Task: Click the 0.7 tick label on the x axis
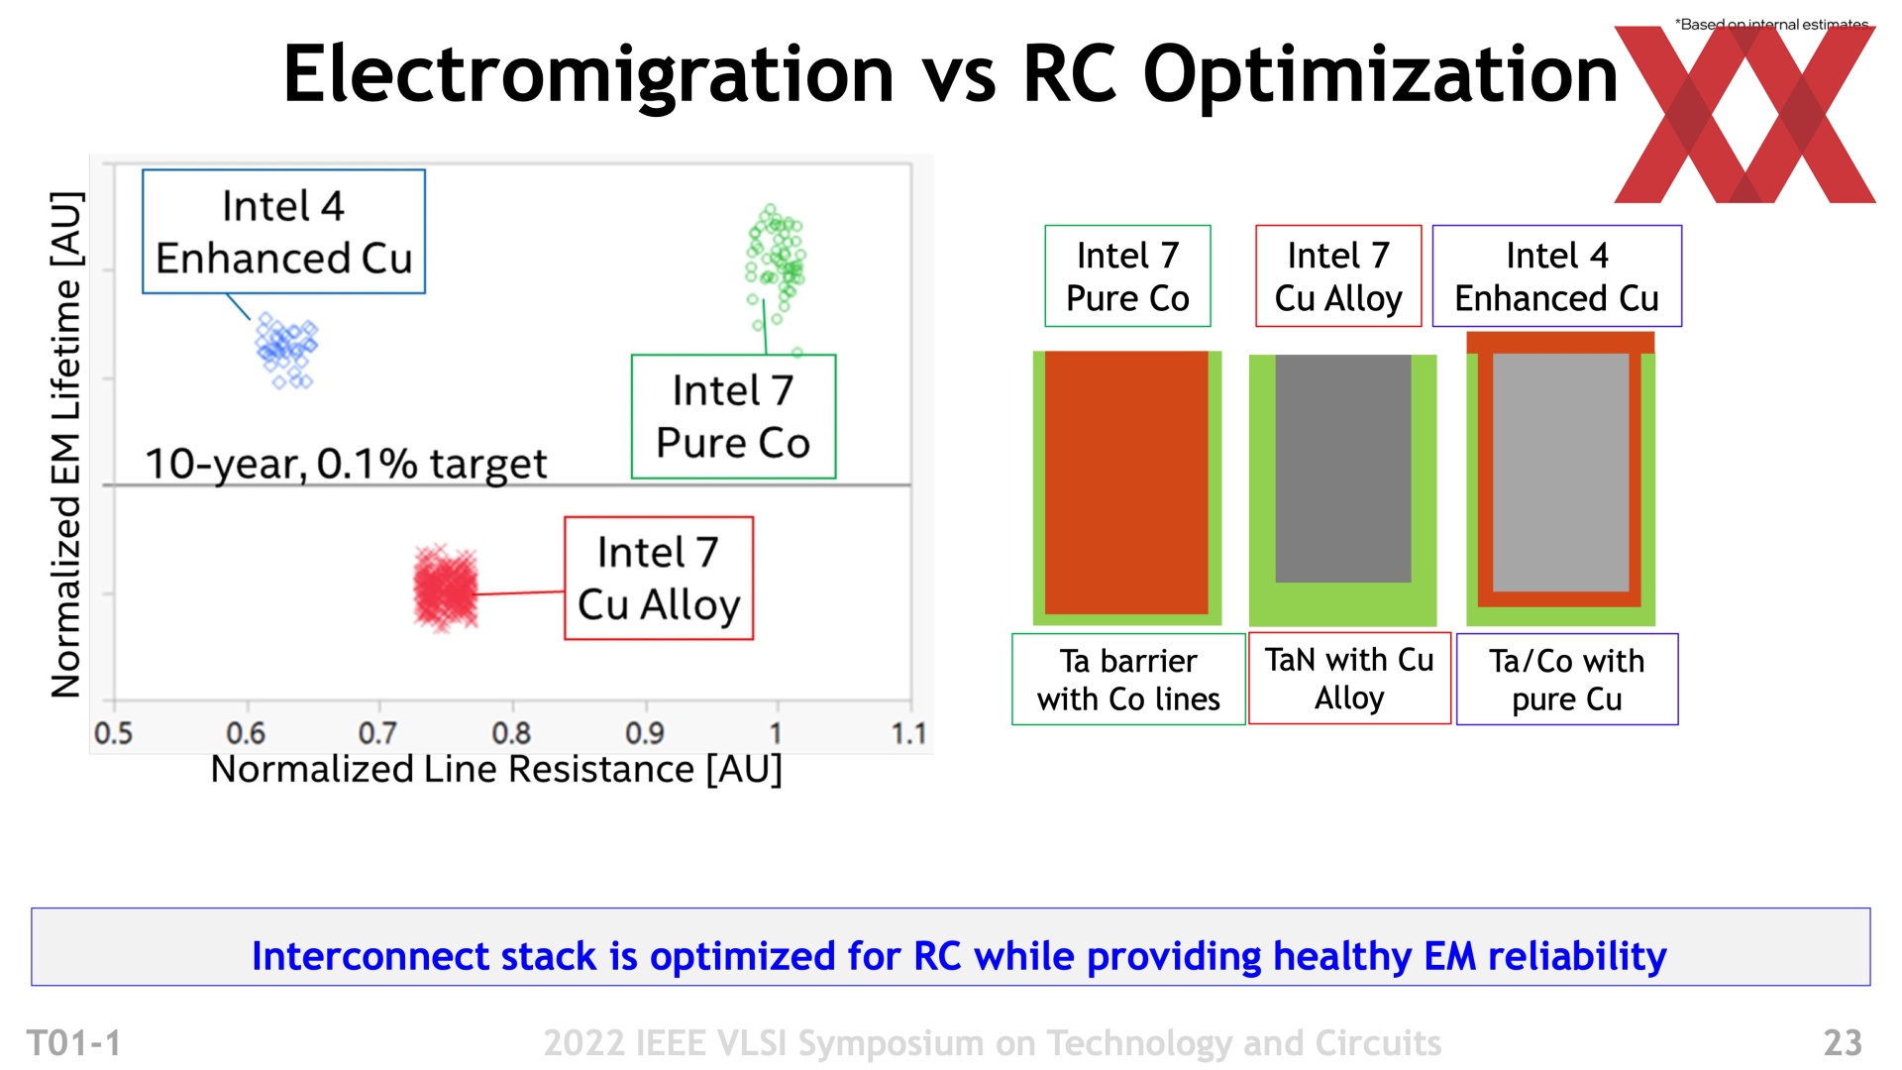[377, 733]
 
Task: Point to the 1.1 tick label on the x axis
[908, 733]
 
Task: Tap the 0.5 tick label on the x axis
[113, 733]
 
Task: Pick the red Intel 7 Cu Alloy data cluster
[446, 588]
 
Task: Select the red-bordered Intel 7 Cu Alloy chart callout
[659, 579]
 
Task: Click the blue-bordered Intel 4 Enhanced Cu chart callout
[283, 232]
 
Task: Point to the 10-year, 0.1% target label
[346, 464]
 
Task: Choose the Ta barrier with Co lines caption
[1128, 680]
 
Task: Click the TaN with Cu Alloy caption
[1349, 679]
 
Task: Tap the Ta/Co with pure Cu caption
[1567, 680]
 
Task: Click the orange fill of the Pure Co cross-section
[1126, 482]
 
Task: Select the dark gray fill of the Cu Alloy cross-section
[1343, 469]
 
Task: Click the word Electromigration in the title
[588, 74]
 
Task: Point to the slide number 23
[1843, 1042]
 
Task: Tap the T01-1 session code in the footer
[74, 1042]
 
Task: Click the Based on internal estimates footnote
[1771, 24]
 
